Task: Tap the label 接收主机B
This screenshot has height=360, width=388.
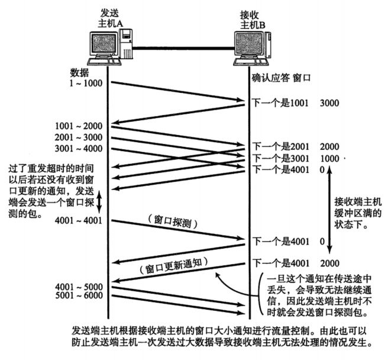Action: click(252, 17)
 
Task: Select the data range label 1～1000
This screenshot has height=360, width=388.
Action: click(86, 83)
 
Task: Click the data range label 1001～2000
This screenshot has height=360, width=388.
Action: click(79, 126)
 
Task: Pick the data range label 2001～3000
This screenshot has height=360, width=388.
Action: click(79, 137)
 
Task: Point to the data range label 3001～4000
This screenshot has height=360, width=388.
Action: click(79, 148)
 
